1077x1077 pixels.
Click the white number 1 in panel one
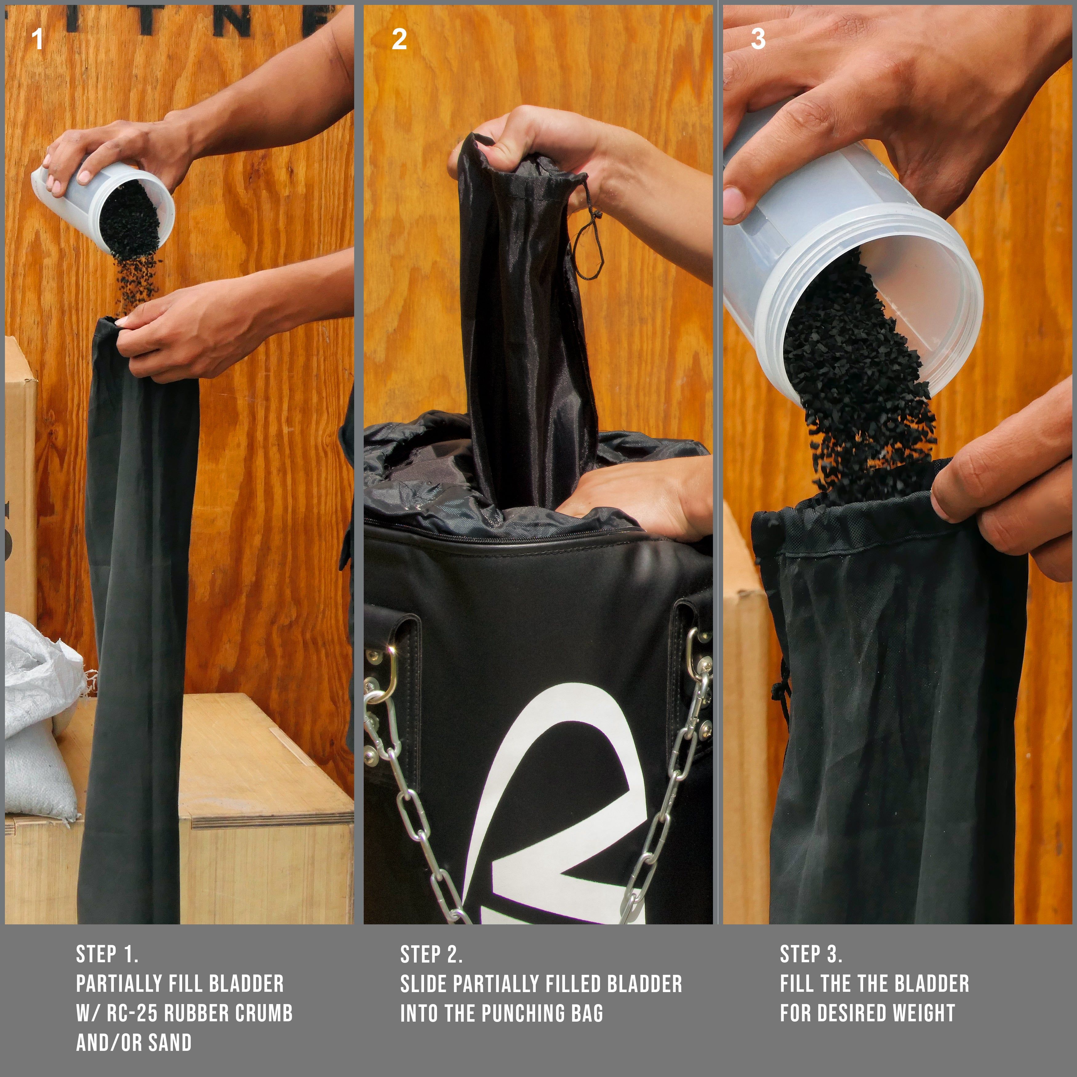point(37,39)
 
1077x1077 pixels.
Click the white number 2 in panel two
point(399,39)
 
